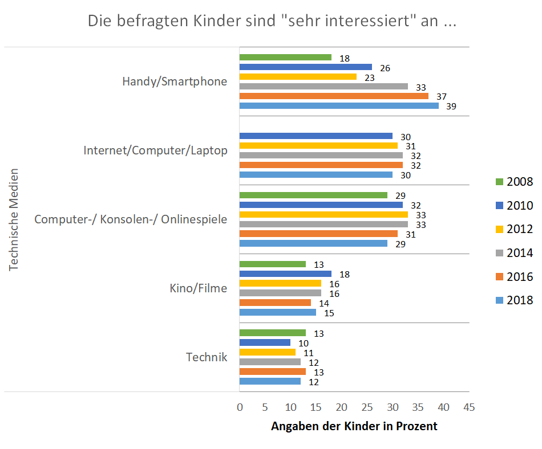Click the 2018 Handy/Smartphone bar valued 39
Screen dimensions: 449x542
click(339, 105)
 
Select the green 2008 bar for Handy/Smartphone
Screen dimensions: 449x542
click(285, 58)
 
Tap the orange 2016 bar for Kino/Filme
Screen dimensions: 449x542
click(275, 303)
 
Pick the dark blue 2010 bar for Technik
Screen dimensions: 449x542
click(265, 342)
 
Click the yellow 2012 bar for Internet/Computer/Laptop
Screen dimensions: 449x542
click(318, 146)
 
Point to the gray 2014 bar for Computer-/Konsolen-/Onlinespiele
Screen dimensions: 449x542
click(323, 224)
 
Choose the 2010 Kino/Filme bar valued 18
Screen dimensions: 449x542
click(285, 274)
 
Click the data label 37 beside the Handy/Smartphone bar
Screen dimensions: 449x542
click(440, 96)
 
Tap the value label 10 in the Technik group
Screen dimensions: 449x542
click(304, 343)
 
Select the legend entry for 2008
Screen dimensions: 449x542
click(513, 182)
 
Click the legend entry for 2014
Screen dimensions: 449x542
click(513, 252)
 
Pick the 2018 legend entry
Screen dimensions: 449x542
click(513, 300)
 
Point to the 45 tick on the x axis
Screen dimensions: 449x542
click(468, 407)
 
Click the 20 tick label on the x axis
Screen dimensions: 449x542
click(341, 407)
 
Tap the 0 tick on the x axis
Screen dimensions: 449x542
click(240, 407)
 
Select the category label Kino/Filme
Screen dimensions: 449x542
click(198, 288)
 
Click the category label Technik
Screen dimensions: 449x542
click(207, 357)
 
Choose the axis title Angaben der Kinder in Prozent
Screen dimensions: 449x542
click(354, 426)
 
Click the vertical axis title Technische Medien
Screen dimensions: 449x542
click(14, 219)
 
